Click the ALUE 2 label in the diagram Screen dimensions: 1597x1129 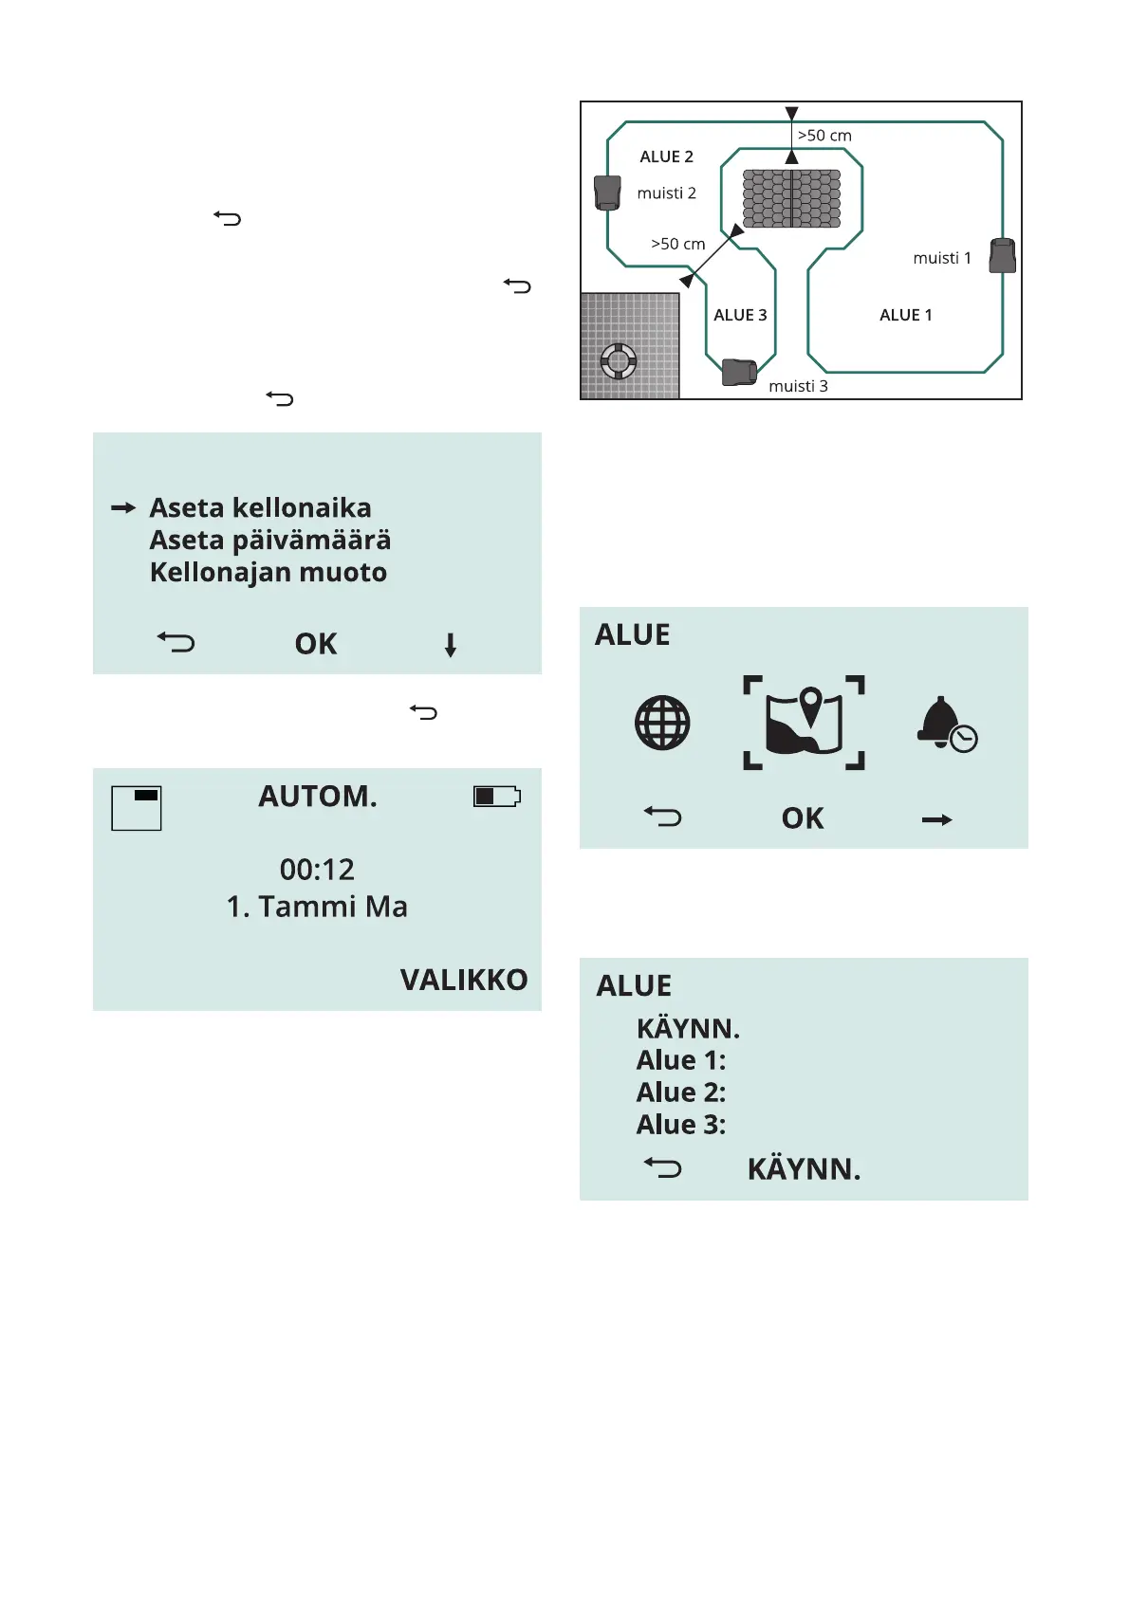coord(666,156)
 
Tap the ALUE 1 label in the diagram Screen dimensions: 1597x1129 coord(905,315)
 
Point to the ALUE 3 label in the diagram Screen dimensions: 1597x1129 coord(740,315)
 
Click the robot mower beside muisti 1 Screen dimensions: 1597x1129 coord(1002,255)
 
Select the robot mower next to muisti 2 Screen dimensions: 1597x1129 coord(607,193)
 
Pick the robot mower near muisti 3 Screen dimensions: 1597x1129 coord(739,372)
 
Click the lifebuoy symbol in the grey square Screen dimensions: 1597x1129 coord(619,360)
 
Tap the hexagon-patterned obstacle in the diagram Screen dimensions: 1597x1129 coord(791,198)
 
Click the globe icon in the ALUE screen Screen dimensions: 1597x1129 coord(662,723)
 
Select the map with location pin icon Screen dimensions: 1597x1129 coord(804,723)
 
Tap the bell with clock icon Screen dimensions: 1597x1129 coord(946,725)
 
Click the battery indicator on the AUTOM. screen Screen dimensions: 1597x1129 coord(497,796)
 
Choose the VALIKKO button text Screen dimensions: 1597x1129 coord(464,980)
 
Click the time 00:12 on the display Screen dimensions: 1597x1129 coord(317,870)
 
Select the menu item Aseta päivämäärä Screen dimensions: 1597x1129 coord(270,541)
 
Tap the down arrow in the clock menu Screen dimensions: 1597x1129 coord(451,645)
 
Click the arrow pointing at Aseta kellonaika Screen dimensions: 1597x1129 coord(123,508)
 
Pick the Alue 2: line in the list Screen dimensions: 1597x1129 coord(681,1092)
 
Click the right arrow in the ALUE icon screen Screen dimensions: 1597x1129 coord(937,819)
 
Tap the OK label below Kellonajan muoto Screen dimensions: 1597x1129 coord(316,644)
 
